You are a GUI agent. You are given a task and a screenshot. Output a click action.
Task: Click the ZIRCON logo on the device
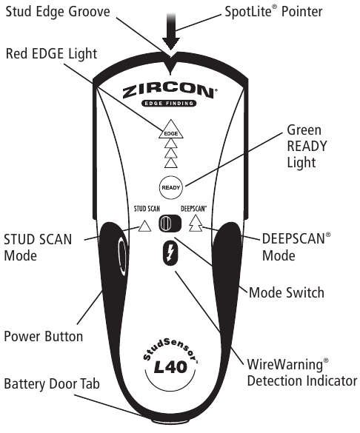point(169,91)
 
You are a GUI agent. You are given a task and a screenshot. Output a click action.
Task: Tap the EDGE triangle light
point(171,130)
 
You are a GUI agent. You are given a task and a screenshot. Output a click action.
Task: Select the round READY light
point(171,187)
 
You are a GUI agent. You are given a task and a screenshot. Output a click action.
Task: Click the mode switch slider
point(170,223)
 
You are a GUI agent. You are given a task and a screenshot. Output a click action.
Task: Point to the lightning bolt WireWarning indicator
point(170,252)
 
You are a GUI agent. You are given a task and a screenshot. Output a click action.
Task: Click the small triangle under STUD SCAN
point(144,226)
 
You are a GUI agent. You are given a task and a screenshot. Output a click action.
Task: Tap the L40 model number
point(170,366)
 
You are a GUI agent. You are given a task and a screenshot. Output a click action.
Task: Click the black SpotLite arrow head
point(171,44)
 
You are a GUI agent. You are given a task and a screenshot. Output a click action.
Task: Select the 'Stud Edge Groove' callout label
point(58,12)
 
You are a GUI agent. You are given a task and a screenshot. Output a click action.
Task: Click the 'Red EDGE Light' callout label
point(51,53)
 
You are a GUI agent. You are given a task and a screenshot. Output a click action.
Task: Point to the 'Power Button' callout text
point(44,336)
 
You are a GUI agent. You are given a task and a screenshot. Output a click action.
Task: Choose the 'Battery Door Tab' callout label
point(52,384)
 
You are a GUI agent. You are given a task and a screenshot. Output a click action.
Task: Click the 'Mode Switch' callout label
point(287,292)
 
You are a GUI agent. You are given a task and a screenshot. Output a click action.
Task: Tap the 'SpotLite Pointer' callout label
point(273,12)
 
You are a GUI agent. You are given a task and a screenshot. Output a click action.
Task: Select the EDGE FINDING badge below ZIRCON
point(169,104)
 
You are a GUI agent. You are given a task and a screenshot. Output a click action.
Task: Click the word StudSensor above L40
point(169,349)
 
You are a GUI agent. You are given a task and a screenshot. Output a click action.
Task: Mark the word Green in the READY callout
point(304,130)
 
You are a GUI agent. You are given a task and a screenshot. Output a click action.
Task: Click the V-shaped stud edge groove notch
point(170,65)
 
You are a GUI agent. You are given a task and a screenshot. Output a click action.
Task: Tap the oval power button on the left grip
point(121,257)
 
